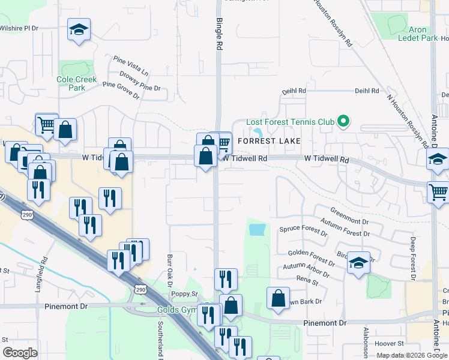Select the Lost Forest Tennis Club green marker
343,122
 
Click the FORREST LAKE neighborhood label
269,141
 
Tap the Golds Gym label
176,310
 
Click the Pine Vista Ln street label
131,65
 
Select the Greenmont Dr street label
349,217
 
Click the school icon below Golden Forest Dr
358,262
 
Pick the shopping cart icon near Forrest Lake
223,143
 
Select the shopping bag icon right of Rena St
278,298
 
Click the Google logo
20,353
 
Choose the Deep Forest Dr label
413,259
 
